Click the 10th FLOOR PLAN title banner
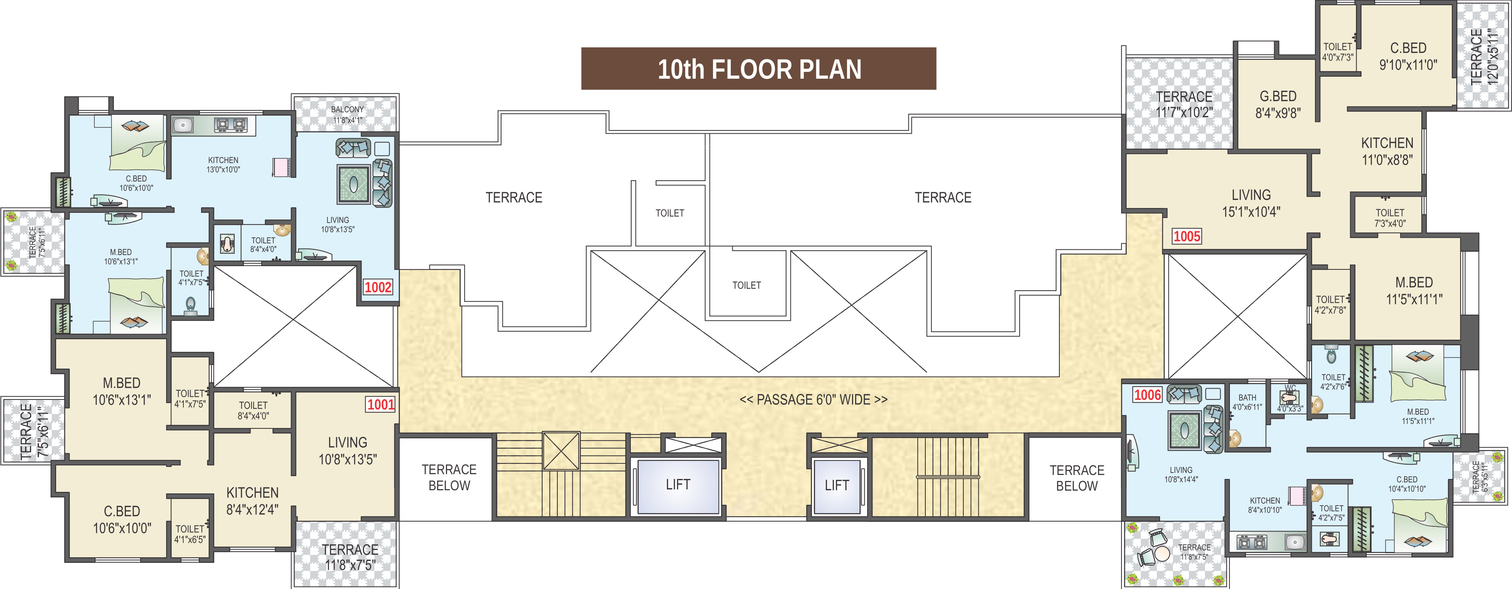tap(758, 69)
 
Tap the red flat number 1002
tap(378, 287)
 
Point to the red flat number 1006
tap(1147, 395)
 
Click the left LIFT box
tap(678, 485)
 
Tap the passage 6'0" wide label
tap(813, 400)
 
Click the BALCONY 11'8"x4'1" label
tap(348, 114)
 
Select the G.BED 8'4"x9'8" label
tap(1278, 104)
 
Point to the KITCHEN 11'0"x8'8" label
tap(1387, 151)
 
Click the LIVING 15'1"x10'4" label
tap(1251, 203)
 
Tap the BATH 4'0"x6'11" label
tap(1247, 402)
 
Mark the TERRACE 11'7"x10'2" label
tap(1184, 104)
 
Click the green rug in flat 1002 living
tap(354, 184)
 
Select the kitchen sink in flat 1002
tap(183, 125)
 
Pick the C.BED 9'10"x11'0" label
tap(1408, 56)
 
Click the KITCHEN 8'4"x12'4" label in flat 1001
tap(252, 501)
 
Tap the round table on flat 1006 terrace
tap(1162, 554)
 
